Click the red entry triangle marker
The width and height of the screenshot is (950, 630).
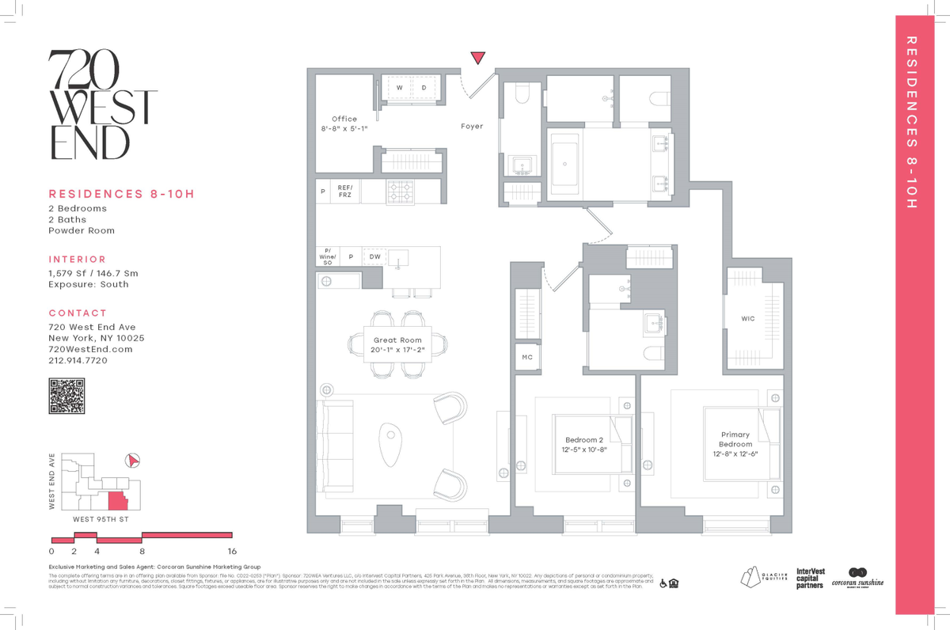(477, 58)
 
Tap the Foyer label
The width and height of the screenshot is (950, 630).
(472, 127)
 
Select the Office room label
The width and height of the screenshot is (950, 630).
(344, 120)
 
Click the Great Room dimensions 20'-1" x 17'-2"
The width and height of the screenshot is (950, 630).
(399, 349)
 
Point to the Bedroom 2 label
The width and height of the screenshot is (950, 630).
(584, 440)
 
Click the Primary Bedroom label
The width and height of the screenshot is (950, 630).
(735, 439)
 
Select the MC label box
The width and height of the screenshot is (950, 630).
(526, 358)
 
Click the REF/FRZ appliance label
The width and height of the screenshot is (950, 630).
(345, 191)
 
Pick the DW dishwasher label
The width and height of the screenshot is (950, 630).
(374, 257)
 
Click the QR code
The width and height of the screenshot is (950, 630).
(66, 396)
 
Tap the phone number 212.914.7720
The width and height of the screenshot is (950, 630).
(78, 360)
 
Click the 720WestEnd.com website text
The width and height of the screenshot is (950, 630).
(90, 349)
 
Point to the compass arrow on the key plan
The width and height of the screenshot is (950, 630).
(133, 460)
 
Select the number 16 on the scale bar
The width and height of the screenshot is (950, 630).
(231, 551)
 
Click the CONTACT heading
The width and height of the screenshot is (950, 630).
(78, 313)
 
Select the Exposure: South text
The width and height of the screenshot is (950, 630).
(89, 284)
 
